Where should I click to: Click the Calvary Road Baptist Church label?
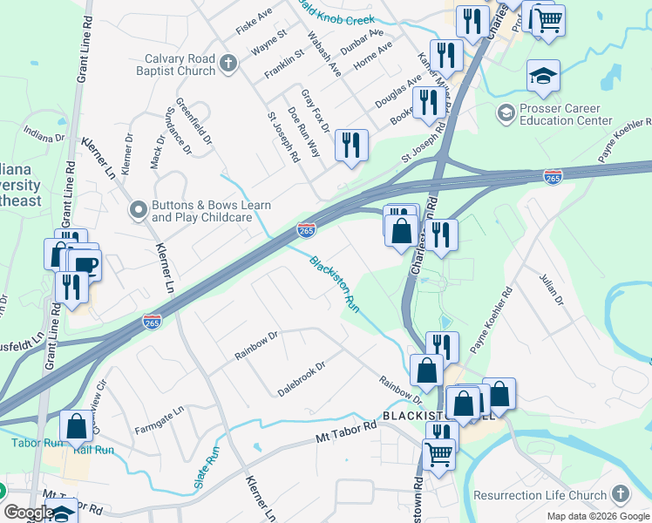(x=180, y=65)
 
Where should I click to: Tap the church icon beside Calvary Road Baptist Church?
(x=228, y=63)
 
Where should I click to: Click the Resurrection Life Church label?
(x=540, y=495)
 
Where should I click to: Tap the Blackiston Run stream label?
(x=336, y=283)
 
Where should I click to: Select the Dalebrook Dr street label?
(x=302, y=374)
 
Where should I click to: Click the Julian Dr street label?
(x=553, y=288)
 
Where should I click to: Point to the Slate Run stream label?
(x=207, y=467)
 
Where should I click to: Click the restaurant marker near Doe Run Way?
(x=351, y=146)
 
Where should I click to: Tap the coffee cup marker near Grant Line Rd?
(x=85, y=265)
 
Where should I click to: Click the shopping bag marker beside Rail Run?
(x=77, y=427)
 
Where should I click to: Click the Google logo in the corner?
(x=28, y=513)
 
